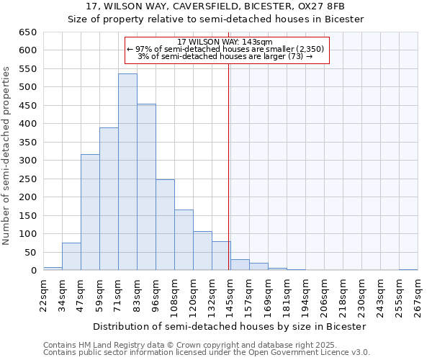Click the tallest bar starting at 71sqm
coord(127,173)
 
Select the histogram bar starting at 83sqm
coord(146,187)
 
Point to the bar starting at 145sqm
coord(240,265)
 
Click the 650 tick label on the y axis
coord(27,32)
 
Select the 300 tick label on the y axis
coord(27,161)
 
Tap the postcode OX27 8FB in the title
coord(325,6)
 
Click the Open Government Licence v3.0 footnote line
coord(206,352)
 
